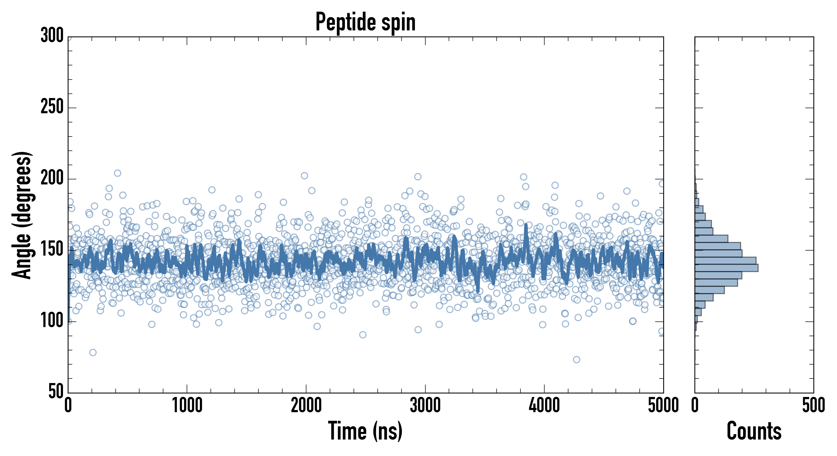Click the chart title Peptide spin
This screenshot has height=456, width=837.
point(365,22)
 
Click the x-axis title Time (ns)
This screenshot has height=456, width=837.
point(365,431)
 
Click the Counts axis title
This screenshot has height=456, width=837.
point(754,431)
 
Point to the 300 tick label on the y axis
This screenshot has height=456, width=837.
point(52,35)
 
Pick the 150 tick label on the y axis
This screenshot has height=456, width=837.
point(52,250)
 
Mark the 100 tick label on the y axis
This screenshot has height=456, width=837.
point(52,321)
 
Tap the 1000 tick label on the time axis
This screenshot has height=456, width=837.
point(187,406)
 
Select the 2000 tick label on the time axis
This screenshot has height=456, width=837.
point(306,406)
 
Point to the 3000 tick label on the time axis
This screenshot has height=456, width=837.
point(425,406)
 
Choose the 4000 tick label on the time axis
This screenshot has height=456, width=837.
point(544,406)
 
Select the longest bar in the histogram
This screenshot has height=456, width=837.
point(726,268)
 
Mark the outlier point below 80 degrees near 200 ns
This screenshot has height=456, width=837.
point(93,352)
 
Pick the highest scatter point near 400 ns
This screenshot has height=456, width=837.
point(118,173)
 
